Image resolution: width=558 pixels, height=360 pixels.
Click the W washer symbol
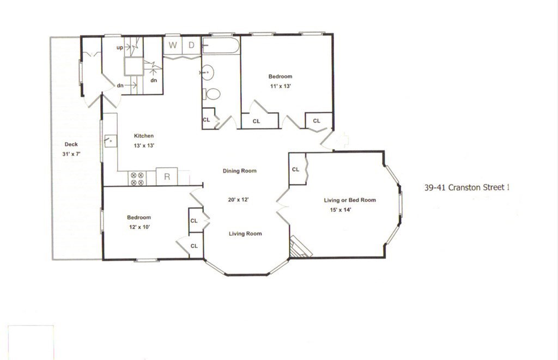pyautogui.click(x=173, y=45)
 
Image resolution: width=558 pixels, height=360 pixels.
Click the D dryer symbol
pyautogui.click(x=191, y=45)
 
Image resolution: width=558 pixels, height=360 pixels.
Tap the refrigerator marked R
pyautogui.click(x=167, y=176)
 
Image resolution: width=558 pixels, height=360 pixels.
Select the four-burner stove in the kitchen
pyautogui.click(x=137, y=179)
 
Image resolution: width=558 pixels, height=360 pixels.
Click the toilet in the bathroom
pyautogui.click(x=211, y=94)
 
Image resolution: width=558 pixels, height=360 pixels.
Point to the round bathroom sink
pyautogui.click(x=208, y=72)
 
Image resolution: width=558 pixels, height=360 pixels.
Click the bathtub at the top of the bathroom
pyautogui.click(x=221, y=45)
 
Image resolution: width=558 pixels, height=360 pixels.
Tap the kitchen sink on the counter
pyautogui.click(x=110, y=141)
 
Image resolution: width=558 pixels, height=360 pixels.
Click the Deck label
pyautogui.click(x=71, y=144)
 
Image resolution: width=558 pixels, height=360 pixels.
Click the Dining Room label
pyautogui.click(x=240, y=171)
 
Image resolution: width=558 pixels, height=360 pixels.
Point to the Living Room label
pyautogui.click(x=245, y=234)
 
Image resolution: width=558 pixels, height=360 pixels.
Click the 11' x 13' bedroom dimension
pyautogui.click(x=281, y=86)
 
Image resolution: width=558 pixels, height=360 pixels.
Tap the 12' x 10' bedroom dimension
pyautogui.click(x=139, y=227)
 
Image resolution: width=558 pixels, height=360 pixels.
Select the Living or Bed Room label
pyautogui.click(x=350, y=200)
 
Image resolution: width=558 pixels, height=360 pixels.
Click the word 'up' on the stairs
pyautogui.click(x=120, y=47)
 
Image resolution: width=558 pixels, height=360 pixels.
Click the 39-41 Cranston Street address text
pyautogui.click(x=467, y=187)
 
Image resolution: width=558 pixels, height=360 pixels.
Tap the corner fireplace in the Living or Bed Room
pyautogui.click(x=300, y=247)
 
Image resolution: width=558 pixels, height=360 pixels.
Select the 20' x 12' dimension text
pyautogui.click(x=238, y=199)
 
